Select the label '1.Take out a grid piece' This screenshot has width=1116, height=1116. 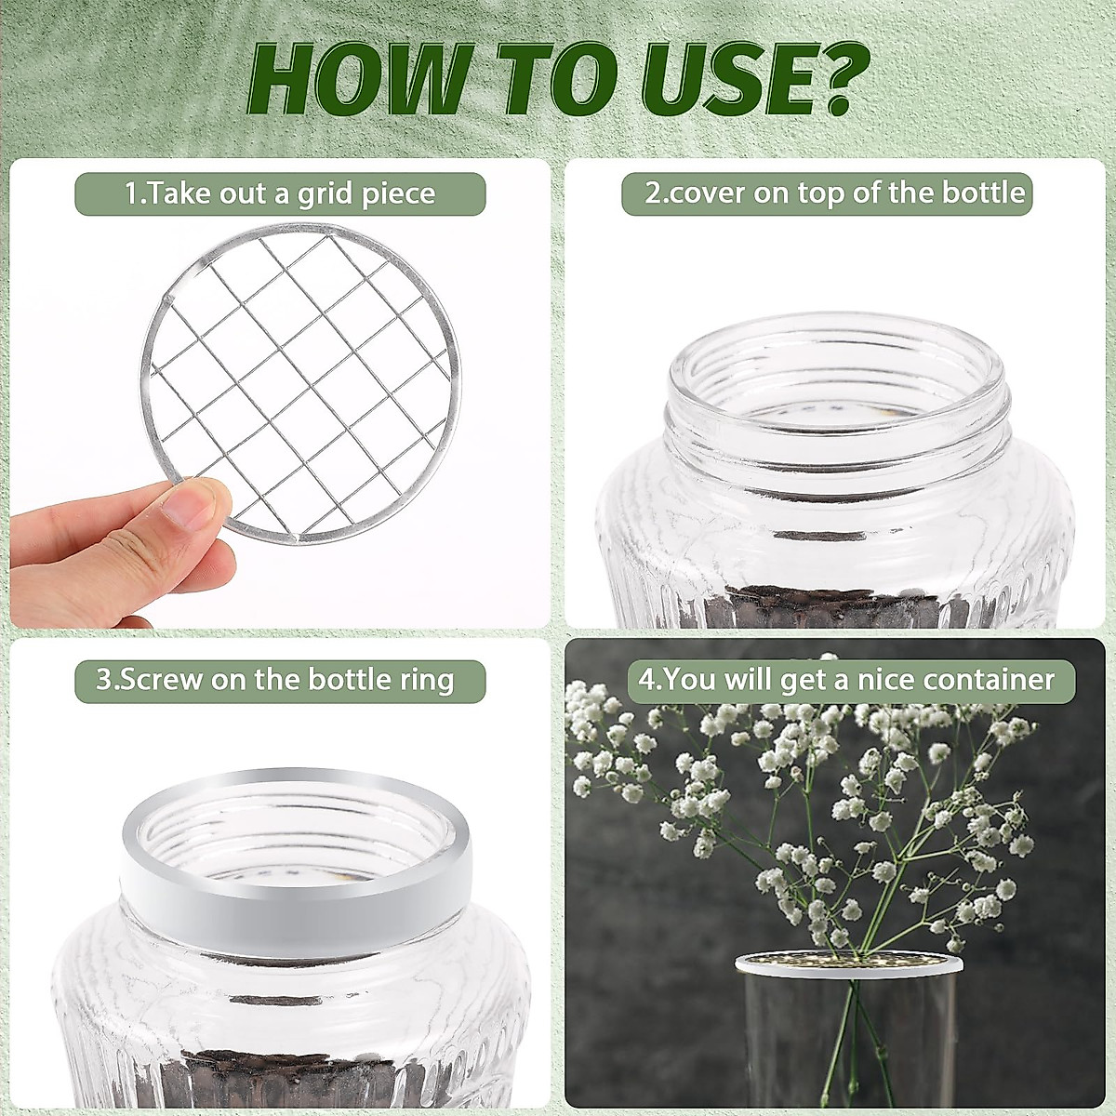coord(280,194)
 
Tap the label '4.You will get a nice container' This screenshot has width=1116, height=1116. coord(846,679)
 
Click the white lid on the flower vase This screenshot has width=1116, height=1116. coord(848,965)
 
